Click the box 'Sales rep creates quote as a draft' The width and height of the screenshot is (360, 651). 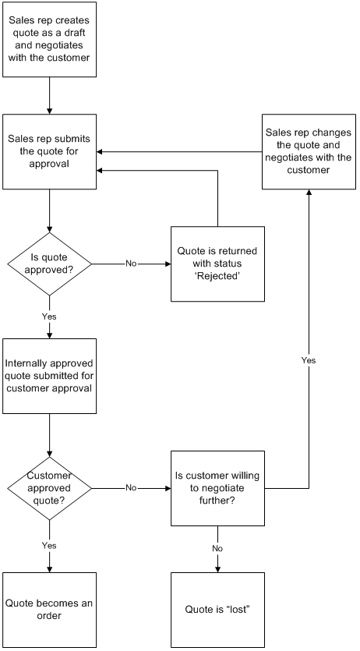tap(49, 40)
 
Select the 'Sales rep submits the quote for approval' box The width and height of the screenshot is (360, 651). tap(49, 151)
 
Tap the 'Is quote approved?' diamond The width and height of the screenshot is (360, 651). tap(49, 264)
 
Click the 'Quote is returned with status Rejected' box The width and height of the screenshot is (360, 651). tap(217, 264)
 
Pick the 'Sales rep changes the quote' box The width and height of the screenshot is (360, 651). tap(309, 151)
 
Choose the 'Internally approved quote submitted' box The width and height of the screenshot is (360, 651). tap(49, 376)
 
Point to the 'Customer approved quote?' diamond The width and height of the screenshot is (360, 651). tap(49, 488)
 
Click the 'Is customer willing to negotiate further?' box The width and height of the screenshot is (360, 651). tap(217, 488)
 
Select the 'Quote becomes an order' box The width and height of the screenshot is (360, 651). tap(49, 610)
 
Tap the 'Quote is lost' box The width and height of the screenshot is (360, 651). tap(217, 610)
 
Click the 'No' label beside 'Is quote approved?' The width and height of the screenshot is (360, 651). tap(131, 264)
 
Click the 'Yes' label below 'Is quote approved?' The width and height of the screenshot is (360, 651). tap(49, 317)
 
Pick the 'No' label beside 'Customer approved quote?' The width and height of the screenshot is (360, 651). tap(131, 488)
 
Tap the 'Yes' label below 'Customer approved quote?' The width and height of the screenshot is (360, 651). tap(49, 545)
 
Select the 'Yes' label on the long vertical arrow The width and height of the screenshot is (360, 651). tap(309, 360)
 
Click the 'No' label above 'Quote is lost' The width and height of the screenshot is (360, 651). tap(217, 548)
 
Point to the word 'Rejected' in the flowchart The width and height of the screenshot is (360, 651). tap(217, 275)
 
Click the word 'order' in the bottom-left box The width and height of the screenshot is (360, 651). tap(49, 616)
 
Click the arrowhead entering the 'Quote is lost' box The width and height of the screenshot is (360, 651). tap(217, 570)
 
